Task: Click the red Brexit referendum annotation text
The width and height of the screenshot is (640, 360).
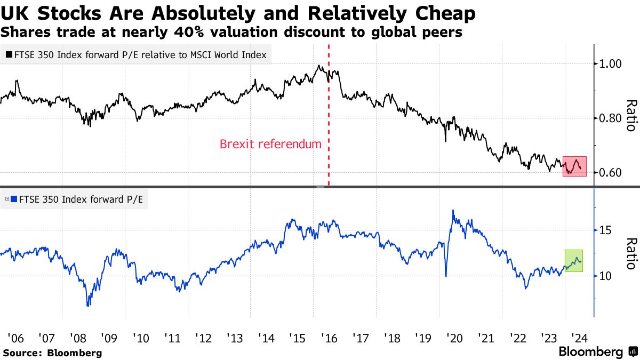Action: pyautogui.click(x=270, y=144)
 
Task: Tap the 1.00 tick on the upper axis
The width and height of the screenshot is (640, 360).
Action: pyautogui.click(x=611, y=63)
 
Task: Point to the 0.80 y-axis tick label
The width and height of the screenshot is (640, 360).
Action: pyautogui.click(x=611, y=118)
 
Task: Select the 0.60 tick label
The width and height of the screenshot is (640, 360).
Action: pyautogui.click(x=611, y=172)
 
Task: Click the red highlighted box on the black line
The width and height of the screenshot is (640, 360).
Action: pyautogui.click(x=574, y=166)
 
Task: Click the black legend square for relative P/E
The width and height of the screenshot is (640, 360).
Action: pyautogui.click(x=10, y=54)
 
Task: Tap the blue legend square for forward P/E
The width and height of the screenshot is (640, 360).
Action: pyautogui.click(x=14, y=200)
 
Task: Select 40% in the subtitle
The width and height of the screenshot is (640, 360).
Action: pyautogui.click(x=191, y=32)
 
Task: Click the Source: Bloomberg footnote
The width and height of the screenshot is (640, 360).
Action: pyautogui.click(x=52, y=353)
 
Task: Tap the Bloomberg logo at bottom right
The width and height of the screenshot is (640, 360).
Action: pyautogui.click(x=597, y=352)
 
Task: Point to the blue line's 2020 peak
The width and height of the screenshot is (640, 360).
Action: pyautogui.click(x=453, y=210)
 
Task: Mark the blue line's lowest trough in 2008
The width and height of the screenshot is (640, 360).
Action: pyautogui.click(x=88, y=305)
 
